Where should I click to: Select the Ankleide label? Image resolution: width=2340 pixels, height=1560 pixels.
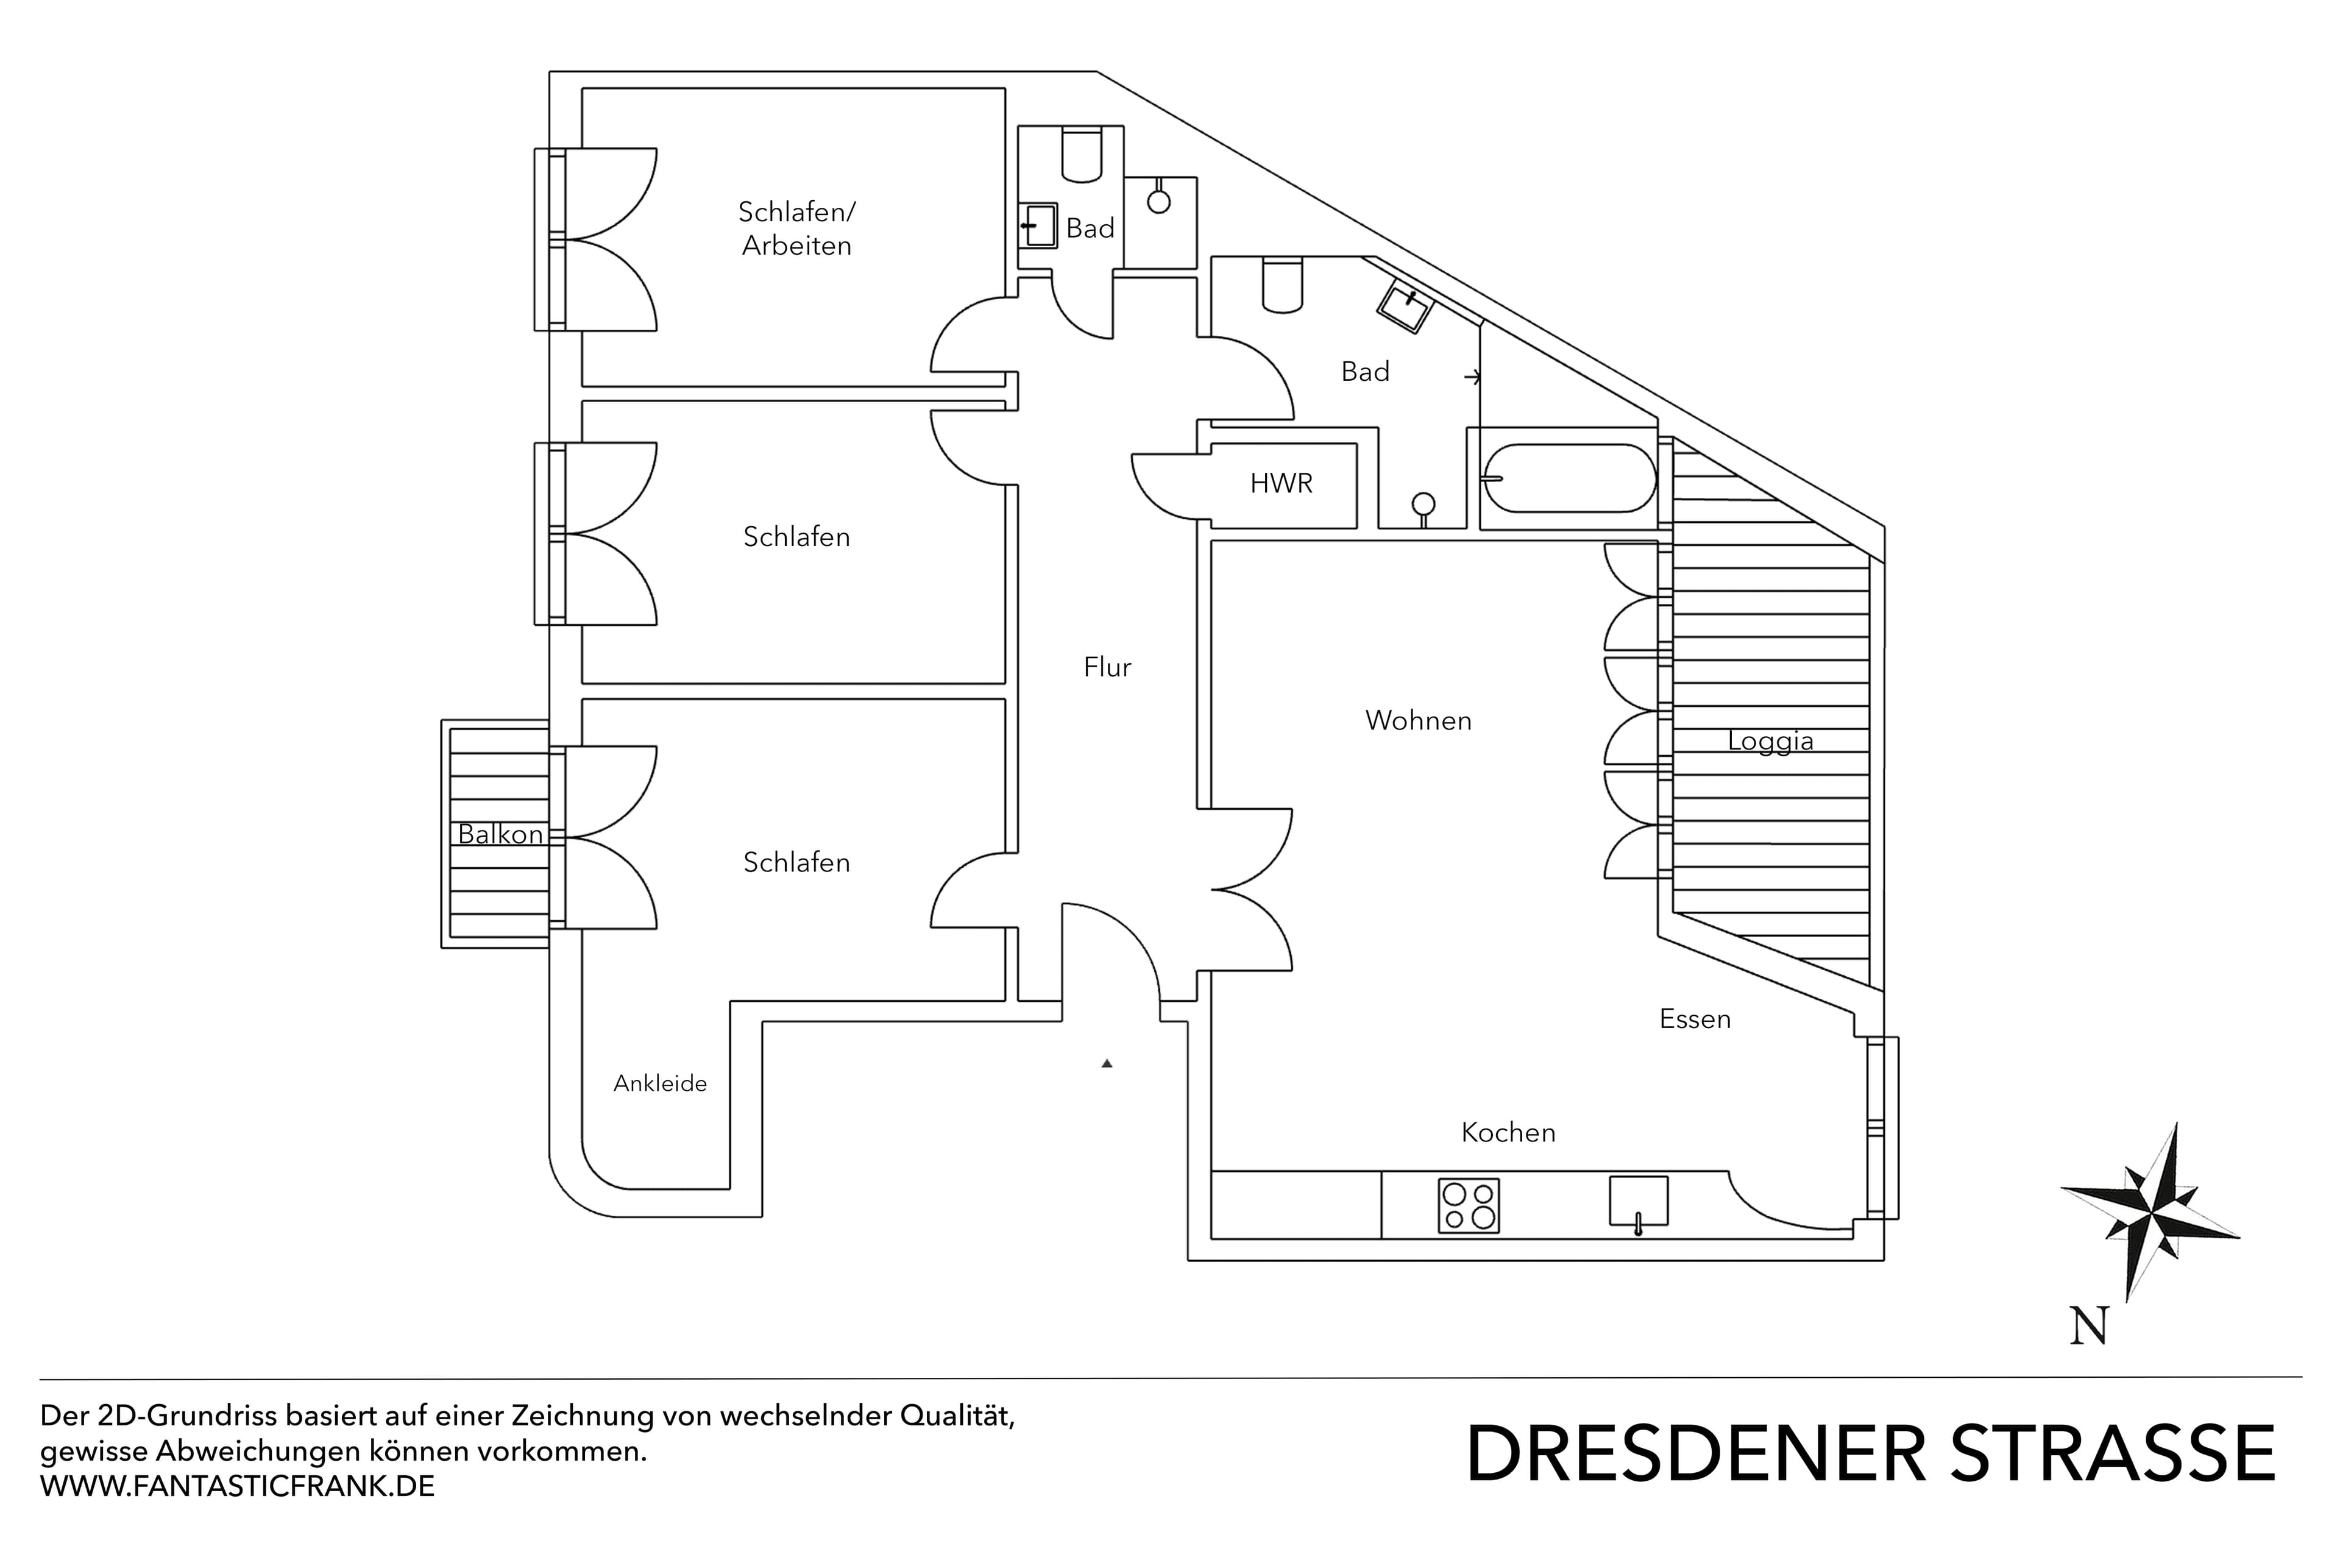tap(659, 1083)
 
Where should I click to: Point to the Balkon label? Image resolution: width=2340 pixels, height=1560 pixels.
tap(500, 834)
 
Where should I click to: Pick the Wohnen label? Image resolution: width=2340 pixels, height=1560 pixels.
tap(1418, 720)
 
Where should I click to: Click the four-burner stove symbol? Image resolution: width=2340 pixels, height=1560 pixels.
tap(1469, 1206)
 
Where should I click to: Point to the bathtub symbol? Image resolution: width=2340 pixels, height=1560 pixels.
tap(1569, 478)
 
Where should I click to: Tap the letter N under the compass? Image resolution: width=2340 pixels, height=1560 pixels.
tap(2090, 1326)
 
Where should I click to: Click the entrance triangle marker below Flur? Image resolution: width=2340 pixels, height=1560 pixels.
tap(1107, 1063)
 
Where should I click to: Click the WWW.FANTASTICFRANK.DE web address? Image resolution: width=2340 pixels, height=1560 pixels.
tap(237, 1486)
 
